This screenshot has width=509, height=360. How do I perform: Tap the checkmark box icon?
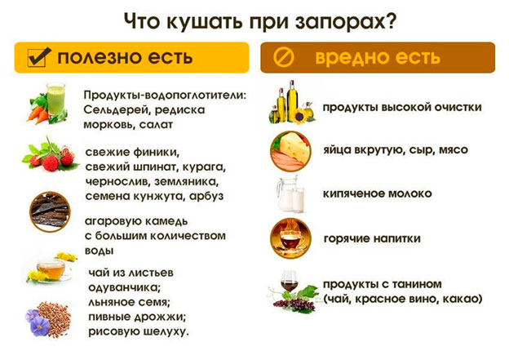pyautogui.click(x=39, y=57)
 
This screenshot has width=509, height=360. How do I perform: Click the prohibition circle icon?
pyautogui.click(x=283, y=57)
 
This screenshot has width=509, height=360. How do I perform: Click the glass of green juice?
pyautogui.click(x=55, y=99)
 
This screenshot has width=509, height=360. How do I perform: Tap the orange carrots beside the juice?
pyautogui.click(x=38, y=114)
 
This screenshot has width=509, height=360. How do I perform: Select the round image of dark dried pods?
pyautogui.click(x=50, y=211)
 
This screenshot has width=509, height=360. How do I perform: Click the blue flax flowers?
pyautogui.click(x=38, y=323)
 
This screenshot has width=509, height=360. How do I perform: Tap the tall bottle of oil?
pyautogui.click(x=292, y=101)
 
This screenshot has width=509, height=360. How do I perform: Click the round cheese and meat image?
pyautogui.click(x=290, y=151)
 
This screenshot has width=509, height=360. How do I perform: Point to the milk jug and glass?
pyautogui.click(x=290, y=194)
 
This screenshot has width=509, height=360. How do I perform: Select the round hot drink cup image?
pyautogui.click(x=290, y=239)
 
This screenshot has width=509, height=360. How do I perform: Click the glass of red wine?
pyautogui.click(x=289, y=282)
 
